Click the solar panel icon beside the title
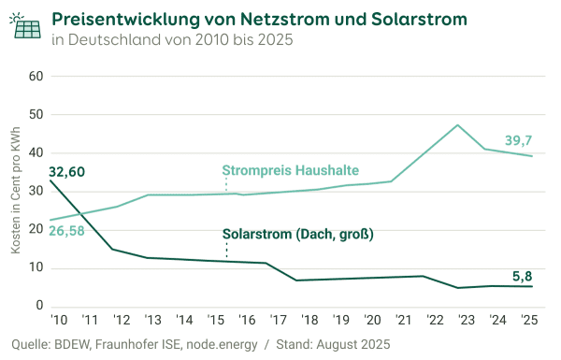[x=26, y=26]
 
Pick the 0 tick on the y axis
[x=40, y=306]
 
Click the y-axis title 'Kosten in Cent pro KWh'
[x=15, y=193]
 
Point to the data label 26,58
[x=66, y=231]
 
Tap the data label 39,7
[x=518, y=140]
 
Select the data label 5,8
[x=524, y=276]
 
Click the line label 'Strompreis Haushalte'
[x=290, y=171]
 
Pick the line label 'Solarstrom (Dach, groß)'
[x=297, y=235]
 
